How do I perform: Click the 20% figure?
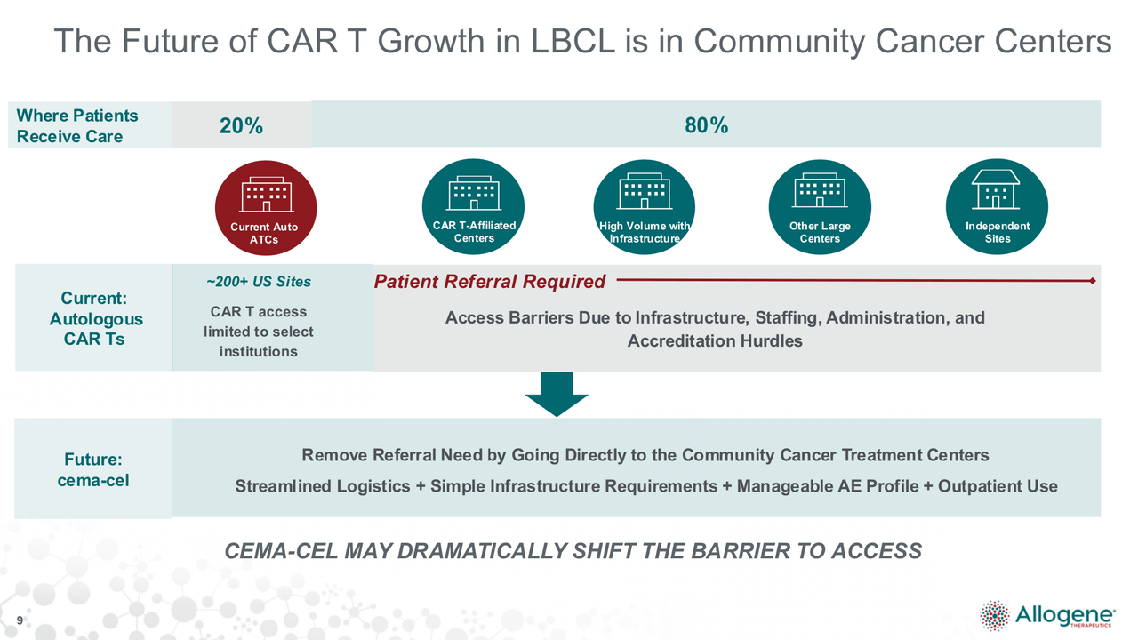(x=241, y=125)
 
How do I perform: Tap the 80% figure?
(x=706, y=125)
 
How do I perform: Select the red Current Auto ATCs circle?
(x=266, y=208)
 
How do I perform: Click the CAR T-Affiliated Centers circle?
(x=474, y=207)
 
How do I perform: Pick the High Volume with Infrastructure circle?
(x=645, y=207)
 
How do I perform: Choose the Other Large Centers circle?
(x=820, y=207)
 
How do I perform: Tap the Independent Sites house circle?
(x=997, y=207)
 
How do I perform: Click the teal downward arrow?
(x=557, y=394)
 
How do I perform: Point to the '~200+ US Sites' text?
(x=259, y=282)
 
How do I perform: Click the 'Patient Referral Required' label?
(x=490, y=282)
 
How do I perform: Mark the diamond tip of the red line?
(x=1093, y=281)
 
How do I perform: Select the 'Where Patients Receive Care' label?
(x=77, y=126)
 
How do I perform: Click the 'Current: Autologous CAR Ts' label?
(x=95, y=318)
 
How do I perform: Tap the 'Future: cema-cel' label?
(x=93, y=470)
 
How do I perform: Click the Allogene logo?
(x=1047, y=616)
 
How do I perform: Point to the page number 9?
(x=20, y=620)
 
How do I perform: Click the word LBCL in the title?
(x=573, y=41)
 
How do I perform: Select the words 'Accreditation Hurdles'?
(x=715, y=340)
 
